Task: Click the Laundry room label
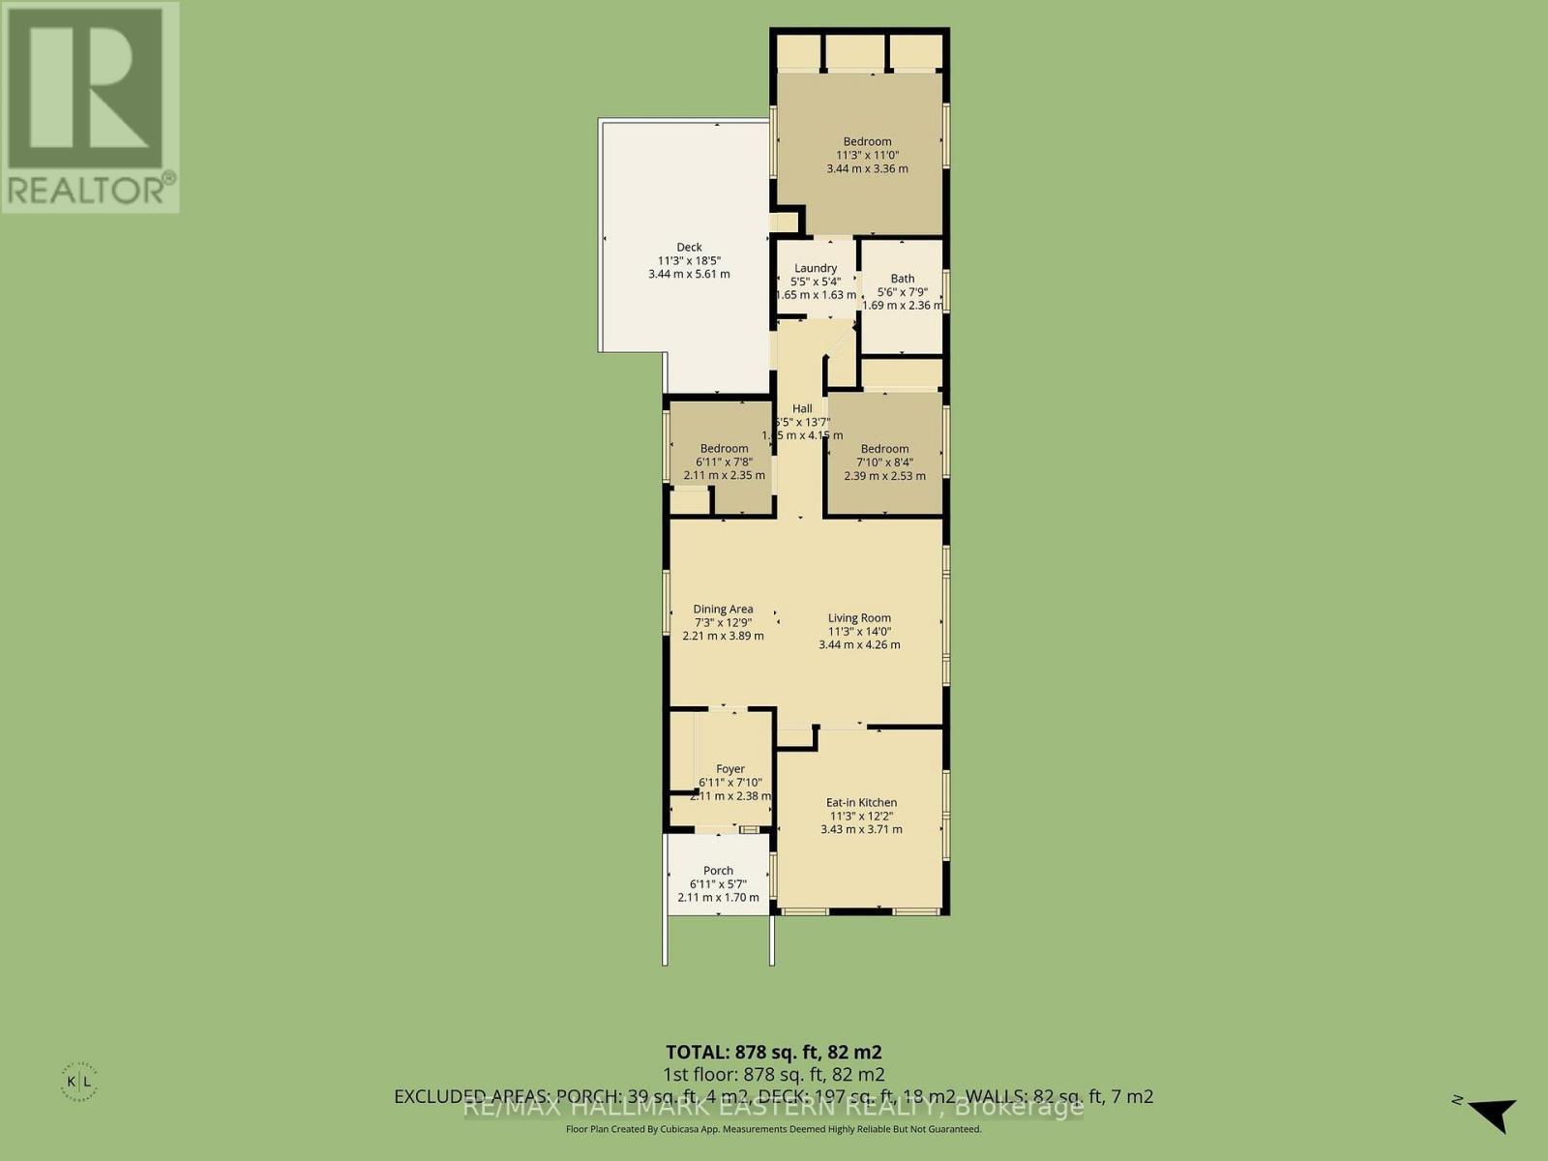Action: tap(815, 268)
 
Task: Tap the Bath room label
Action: tap(902, 279)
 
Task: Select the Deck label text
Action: tap(689, 248)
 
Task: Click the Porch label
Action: tap(718, 871)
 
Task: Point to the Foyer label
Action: tap(730, 769)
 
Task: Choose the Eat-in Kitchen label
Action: tap(861, 802)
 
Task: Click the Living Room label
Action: tap(859, 618)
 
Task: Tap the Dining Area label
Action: tap(723, 610)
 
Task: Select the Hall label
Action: tap(802, 409)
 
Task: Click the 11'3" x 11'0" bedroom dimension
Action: tap(866, 155)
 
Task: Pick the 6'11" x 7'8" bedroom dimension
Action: tap(725, 461)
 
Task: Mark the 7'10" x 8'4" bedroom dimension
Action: tap(884, 462)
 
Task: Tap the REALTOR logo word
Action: tap(89, 188)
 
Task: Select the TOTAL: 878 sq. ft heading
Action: tap(773, 1052)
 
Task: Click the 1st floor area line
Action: tap(773, 1075)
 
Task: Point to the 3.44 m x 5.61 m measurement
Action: tap(689, 274)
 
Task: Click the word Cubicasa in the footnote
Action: tap(721, 1129)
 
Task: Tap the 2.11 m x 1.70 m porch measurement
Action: tap(718, 897)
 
